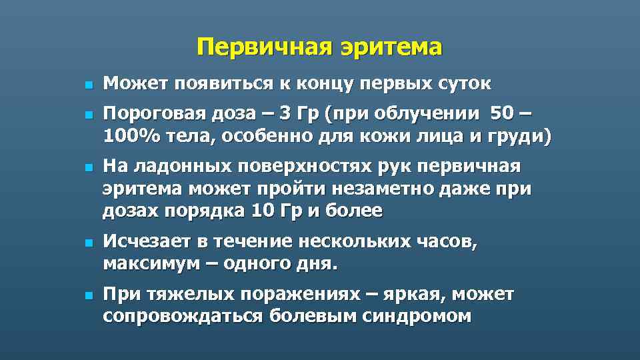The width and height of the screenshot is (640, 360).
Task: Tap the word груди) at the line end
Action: (525, 137)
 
